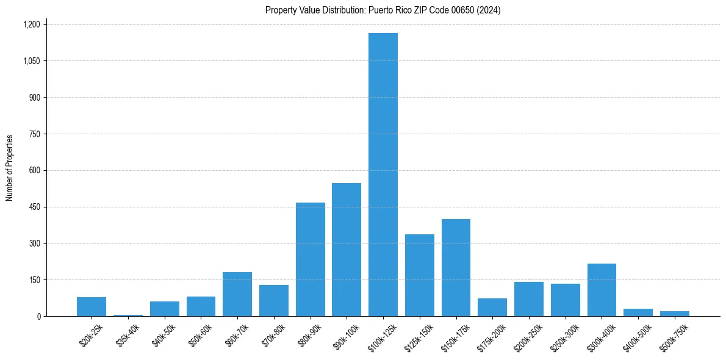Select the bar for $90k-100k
click(x=347, y=250)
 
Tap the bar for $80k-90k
click(x=310, y=259)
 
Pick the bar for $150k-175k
click(x=456, y=268)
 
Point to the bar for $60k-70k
click(x=237, y=294)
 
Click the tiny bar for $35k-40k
click(x=128, y=315)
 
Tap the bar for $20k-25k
click(x=92, y=306)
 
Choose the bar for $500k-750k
click(x=675, y=314)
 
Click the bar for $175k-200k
click(x=492, y=307)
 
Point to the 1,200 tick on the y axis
click(x=31, y=24)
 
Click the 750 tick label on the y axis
click(x=34, y=134)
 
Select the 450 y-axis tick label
click(x=34, y=207)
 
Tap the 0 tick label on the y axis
click(x=38, y=317)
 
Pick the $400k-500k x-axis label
click(x=638, y=334)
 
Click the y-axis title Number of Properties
click(x=9, y=168)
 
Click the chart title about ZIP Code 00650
click(x=383, y=10)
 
